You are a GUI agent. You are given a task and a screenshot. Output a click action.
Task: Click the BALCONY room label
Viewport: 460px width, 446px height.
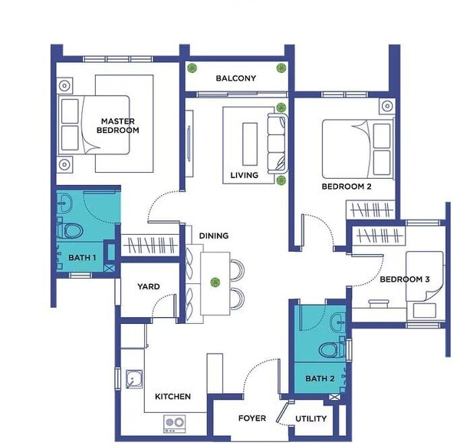236,78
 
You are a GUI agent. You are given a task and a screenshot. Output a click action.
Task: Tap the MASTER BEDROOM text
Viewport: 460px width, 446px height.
118,125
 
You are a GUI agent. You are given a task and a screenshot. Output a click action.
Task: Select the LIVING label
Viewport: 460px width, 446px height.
245,175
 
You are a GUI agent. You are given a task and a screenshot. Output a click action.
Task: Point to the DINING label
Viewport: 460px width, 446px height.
214,236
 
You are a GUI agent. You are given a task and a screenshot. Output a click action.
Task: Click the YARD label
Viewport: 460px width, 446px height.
149,286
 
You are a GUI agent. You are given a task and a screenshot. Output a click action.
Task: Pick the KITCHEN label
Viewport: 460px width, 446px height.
172,397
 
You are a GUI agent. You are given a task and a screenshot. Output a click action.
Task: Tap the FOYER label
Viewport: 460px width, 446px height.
252,418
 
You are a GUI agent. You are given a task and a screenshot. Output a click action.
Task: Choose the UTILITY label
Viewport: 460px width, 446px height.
311,418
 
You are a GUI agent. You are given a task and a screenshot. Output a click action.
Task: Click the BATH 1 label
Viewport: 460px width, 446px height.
82,258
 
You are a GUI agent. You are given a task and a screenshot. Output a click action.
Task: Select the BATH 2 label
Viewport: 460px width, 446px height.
320,378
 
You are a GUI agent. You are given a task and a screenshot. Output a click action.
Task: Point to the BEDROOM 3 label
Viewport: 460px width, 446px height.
405,279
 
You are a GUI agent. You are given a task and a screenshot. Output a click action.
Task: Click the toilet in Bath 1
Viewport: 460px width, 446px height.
70,230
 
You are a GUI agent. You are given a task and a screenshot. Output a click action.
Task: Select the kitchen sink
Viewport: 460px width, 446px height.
134,379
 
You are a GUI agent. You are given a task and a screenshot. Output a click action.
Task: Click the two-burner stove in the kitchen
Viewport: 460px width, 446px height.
175,424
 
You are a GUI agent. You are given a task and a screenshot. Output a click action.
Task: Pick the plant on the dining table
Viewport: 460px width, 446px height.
215,282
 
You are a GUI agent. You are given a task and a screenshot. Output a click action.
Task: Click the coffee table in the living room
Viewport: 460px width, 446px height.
250,144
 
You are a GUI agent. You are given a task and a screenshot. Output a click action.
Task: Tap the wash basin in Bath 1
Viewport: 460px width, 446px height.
64,203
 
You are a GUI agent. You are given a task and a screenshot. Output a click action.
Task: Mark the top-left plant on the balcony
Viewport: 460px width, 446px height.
192,68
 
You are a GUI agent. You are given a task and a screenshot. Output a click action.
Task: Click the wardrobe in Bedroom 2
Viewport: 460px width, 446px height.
371,210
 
